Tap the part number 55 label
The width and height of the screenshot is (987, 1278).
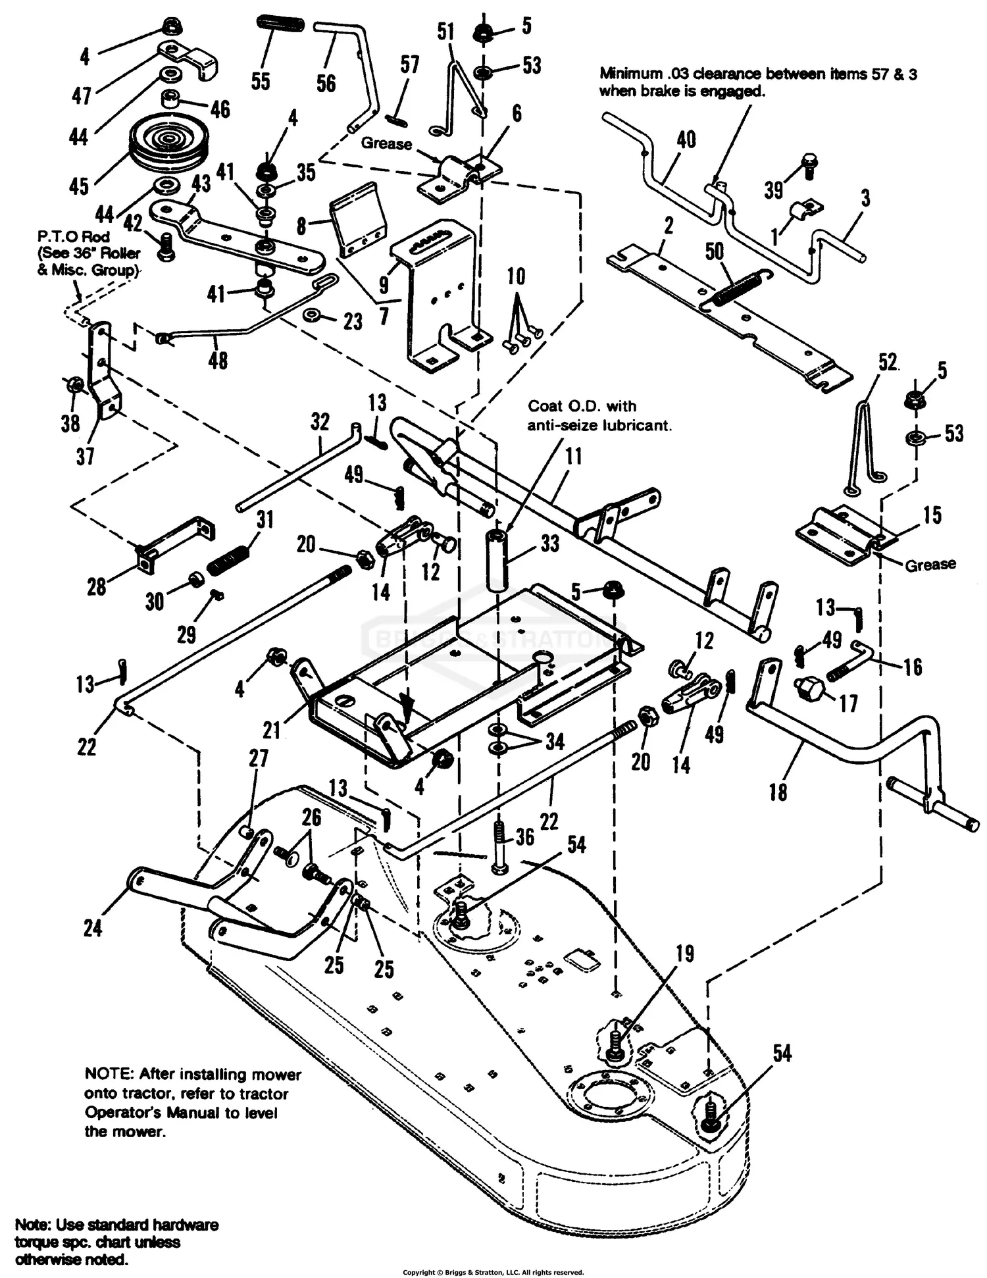(261, 81)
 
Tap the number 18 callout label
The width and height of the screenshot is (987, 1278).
(778, 792)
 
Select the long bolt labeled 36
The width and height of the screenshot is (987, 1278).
(501, 849)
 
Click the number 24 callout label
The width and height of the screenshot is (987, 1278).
(93, 929)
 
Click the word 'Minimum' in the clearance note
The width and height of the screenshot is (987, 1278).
(630, 74)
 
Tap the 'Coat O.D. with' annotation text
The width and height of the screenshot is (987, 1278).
(582, 406)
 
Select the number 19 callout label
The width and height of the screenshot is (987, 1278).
(685, 954)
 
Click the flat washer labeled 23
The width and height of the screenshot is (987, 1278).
(313, 317)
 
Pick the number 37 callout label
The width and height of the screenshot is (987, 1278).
(85, 455)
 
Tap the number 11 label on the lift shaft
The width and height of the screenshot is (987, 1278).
(574, 456)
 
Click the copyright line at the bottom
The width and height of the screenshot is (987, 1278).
(493, 1272)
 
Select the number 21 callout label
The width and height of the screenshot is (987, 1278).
(272, 729)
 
